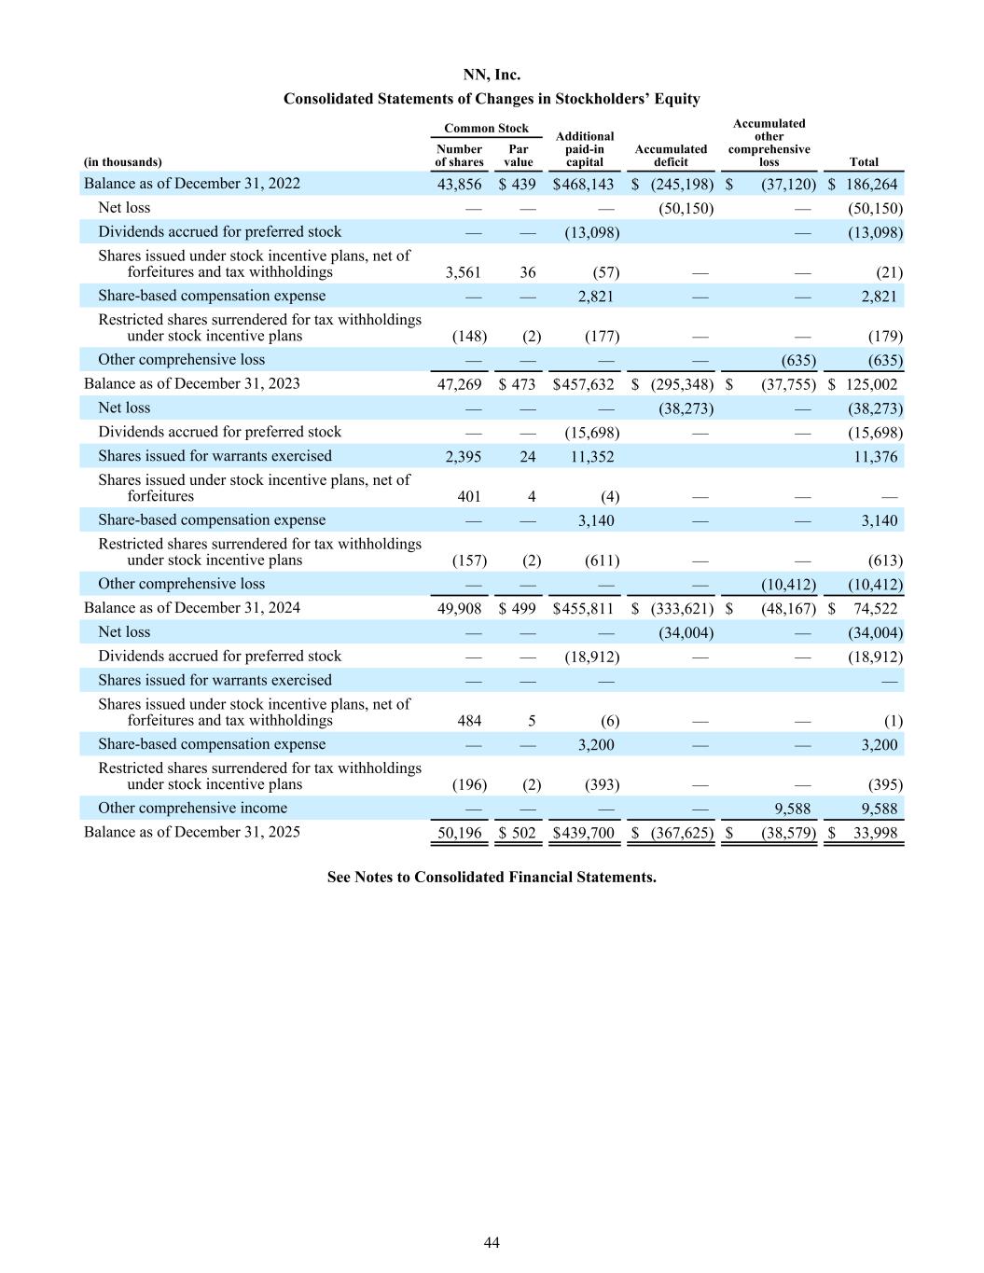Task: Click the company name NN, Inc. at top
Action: (492, 75)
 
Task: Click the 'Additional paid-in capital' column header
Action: (585, 149)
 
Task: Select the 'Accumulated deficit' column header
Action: (671, 156)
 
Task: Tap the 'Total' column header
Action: (864, 162)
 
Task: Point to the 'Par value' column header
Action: (519, 156)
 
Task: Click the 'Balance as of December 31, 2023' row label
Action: (192, 383)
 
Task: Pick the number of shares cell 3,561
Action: (464, 272)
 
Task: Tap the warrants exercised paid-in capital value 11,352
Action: (595, 456)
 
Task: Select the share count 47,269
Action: (460, 384)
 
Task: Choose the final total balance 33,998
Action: (876, 833)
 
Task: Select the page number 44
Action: (492, 1242)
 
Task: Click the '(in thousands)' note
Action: (122, 162)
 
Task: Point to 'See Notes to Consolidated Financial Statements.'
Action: (492, 877)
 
